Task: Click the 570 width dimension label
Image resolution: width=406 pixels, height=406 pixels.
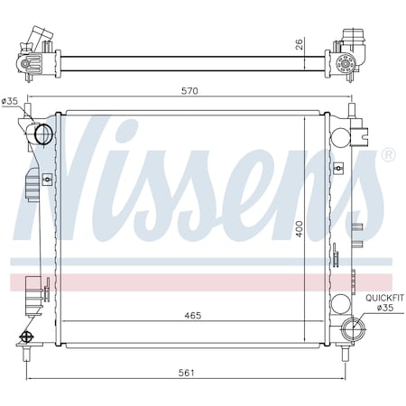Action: tap(189, 91)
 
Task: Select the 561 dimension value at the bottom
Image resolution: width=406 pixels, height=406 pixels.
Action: tap(187, 373)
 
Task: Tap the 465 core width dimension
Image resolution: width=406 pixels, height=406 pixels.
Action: tap(193, 316)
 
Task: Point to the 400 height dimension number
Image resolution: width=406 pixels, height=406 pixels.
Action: tap(299, 228)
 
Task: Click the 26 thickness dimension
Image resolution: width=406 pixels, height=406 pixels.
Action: tap(299, 44)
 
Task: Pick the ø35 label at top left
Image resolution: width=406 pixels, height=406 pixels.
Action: tap(10, 101)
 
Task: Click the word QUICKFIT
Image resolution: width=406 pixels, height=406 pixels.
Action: tap(384, 298)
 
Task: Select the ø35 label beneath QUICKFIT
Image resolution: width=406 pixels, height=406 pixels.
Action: tap(385, 308)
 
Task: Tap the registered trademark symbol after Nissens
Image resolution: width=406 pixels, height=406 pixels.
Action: tap(389, 154)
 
